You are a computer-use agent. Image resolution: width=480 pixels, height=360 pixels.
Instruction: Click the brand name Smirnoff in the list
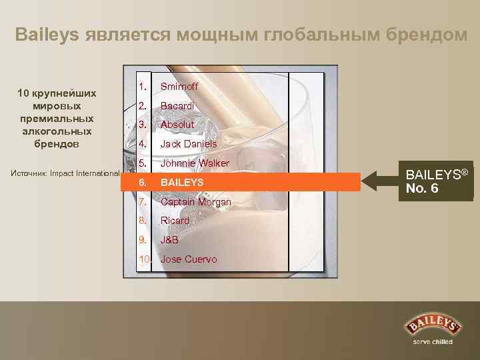click(x=179, y=87)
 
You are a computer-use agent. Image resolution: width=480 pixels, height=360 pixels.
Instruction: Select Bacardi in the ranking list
click(x=177, y=106)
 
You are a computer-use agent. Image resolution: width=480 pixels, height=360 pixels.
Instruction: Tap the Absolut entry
click(x=177, y=125)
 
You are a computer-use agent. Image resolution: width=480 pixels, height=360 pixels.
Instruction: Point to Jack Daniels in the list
click(x=189, y=144)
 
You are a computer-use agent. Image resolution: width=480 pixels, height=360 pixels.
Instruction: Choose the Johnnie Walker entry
click(x=195, y=163)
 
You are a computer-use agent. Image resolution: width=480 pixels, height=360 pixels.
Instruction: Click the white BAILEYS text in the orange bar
click(x=182, y=182)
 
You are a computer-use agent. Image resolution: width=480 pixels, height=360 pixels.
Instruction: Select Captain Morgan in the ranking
click(x=196, y=202)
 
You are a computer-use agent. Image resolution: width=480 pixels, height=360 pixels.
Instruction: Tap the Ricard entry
click(x=175, y=221)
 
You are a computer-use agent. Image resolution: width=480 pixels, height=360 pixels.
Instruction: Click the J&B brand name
click(x=169, y=240)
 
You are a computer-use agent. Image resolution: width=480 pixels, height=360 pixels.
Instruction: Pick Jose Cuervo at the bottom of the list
click(x=189, y=259)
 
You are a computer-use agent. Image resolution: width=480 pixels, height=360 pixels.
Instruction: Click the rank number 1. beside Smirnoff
click(x=143, y=87)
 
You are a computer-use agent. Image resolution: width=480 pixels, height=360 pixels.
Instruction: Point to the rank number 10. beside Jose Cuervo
click(x=145, y=259)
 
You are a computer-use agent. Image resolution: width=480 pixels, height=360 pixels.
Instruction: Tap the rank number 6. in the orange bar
click(x=143, y=182)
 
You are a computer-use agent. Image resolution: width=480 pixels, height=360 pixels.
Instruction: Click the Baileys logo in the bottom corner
click(x=433, y=326)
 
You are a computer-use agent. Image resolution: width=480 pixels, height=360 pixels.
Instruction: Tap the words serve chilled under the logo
click(x=433, y=342)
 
